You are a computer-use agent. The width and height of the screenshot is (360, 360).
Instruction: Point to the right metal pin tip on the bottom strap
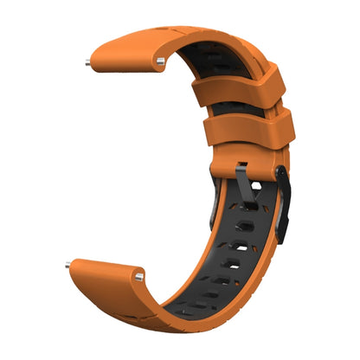138,277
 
